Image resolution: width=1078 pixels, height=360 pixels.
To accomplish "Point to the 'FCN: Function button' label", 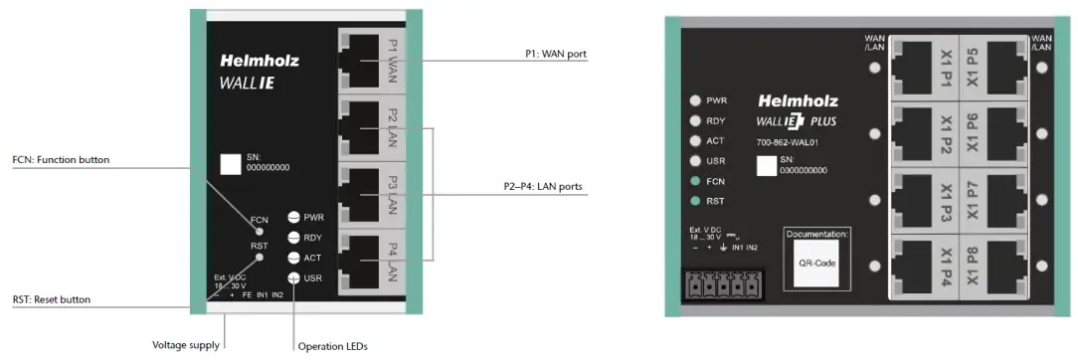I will pos(61,159).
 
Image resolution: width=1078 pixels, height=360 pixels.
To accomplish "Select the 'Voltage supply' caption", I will pos(185,345).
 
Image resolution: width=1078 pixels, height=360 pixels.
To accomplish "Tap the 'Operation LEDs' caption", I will pos(333,346).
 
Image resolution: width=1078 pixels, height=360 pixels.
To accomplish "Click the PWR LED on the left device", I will pos(294,217).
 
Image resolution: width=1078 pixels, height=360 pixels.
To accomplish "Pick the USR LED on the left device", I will pos(294,278).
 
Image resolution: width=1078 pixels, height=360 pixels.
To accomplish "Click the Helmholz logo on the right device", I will pos(798,100).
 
